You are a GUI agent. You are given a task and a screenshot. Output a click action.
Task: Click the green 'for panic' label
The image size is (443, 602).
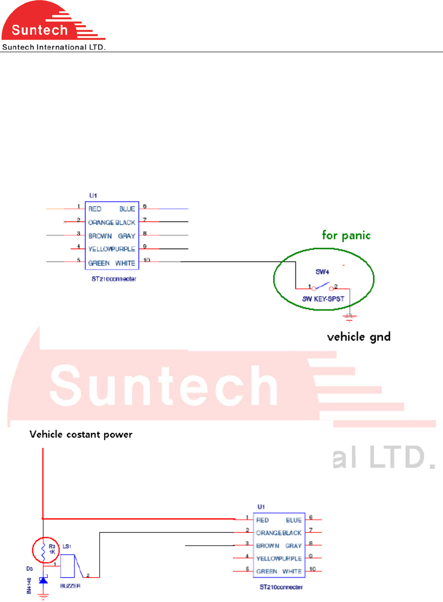pos(346,234)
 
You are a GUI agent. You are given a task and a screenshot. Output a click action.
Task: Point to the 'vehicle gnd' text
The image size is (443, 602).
pos(359,337)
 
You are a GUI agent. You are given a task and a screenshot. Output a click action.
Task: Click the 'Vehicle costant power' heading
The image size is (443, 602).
pos(81,434)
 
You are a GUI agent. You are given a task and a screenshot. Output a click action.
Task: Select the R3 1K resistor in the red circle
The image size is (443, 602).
pos(43,549)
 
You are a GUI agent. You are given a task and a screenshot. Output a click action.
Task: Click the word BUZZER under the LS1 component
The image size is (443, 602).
pos(71,586)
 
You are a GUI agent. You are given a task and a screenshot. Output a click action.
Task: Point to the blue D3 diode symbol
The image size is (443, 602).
pos(43,580)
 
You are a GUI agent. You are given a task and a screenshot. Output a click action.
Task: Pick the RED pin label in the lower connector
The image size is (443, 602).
pos(263,520)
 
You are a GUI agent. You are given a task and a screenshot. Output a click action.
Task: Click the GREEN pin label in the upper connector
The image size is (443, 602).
pos(99,263)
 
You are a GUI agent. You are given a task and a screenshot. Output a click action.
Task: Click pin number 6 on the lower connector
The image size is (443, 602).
pos(310,518)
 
